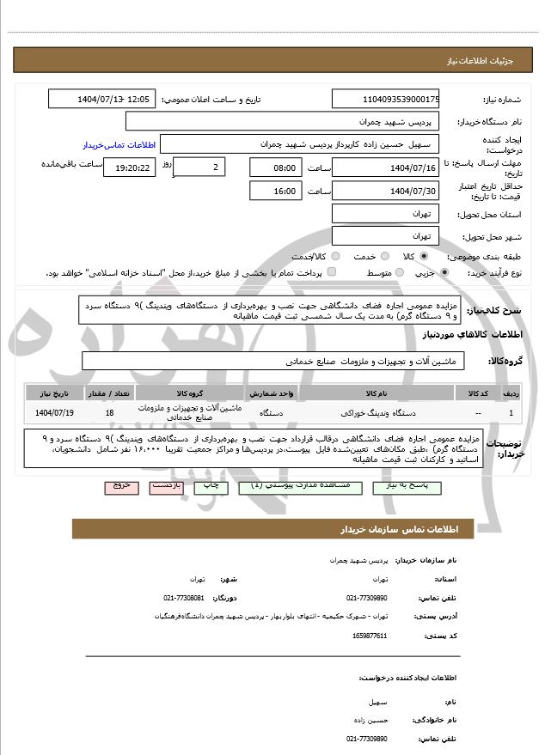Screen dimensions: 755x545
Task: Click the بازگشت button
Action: [x=166, y=486]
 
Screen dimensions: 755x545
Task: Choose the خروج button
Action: [x=121, y=486]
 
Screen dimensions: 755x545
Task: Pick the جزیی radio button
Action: [x=444, y=272]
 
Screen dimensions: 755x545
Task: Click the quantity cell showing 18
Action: [x=109, y=412]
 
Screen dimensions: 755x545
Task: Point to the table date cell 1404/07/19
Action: [x=55, y=412]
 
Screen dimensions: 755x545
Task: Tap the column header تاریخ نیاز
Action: [x=55, y=393]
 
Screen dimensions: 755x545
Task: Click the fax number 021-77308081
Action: [x=183, y=597]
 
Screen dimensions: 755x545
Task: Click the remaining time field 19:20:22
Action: [x=130, y=167]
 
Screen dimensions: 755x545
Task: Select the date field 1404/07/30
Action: [x=386, y=191]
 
